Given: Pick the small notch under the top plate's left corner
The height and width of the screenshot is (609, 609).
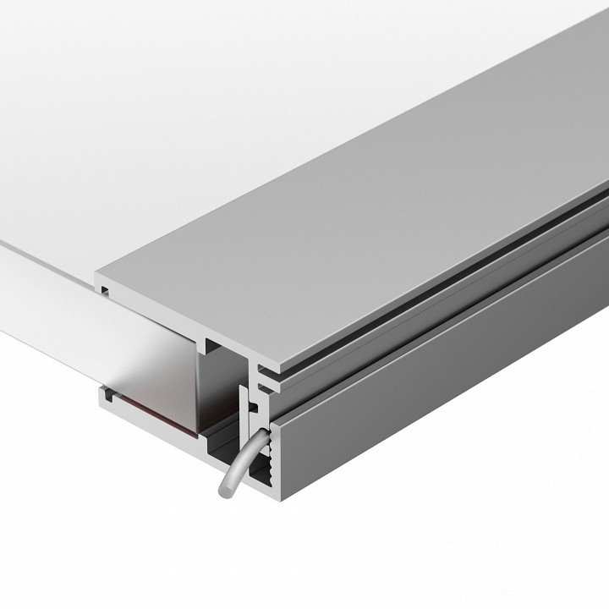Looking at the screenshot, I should [103, 289].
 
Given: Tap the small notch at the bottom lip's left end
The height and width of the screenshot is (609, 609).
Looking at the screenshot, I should [107, 393].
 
